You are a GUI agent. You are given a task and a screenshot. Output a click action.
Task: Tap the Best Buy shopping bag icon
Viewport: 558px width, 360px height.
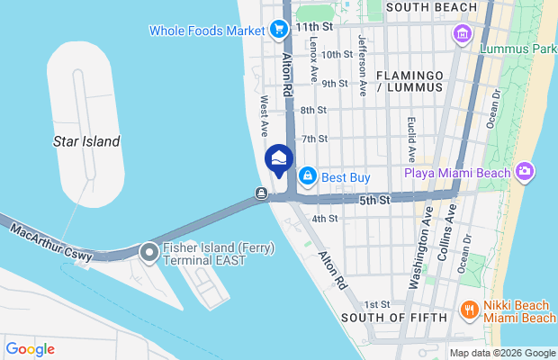(x=308, y=176)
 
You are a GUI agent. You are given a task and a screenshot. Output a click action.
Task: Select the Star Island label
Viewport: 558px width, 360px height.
(x=86, y=141)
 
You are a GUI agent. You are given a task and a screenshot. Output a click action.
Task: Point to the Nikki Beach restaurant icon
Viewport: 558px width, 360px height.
(x=468, y=311)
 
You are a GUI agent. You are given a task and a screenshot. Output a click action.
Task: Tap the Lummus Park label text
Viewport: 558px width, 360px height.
(x=517, y=48)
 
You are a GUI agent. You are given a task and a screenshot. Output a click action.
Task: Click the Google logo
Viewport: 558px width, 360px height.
(x=30, y=349)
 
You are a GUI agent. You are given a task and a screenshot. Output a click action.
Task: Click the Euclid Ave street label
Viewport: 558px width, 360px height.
(x=410, y=134)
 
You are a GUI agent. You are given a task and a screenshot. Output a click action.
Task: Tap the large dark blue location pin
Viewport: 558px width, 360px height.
(x=279, y=161)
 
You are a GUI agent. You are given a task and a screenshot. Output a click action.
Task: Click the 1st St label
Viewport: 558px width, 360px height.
(x=378, y=305)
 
